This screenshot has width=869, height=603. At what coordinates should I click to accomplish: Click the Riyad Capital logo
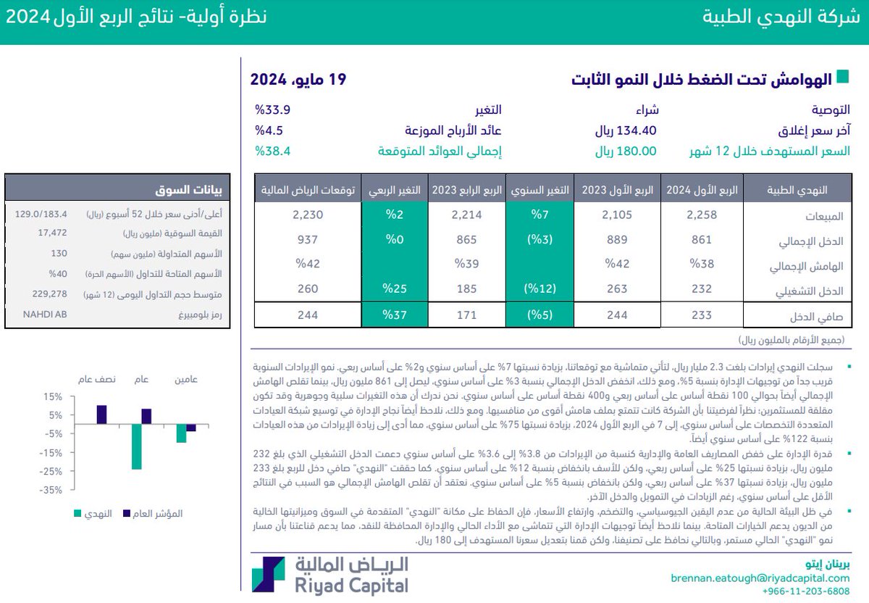tap(331, 576)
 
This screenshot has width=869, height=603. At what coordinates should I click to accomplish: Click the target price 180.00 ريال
tap(626, 151)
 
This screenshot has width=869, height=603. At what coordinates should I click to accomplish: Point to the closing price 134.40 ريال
tap(626, 130)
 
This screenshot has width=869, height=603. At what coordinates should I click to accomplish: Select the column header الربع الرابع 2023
tap(466, 190)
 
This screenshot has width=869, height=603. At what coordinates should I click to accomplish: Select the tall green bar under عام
tap(136, 446)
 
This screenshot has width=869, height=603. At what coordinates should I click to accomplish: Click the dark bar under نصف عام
tap(101, 415)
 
